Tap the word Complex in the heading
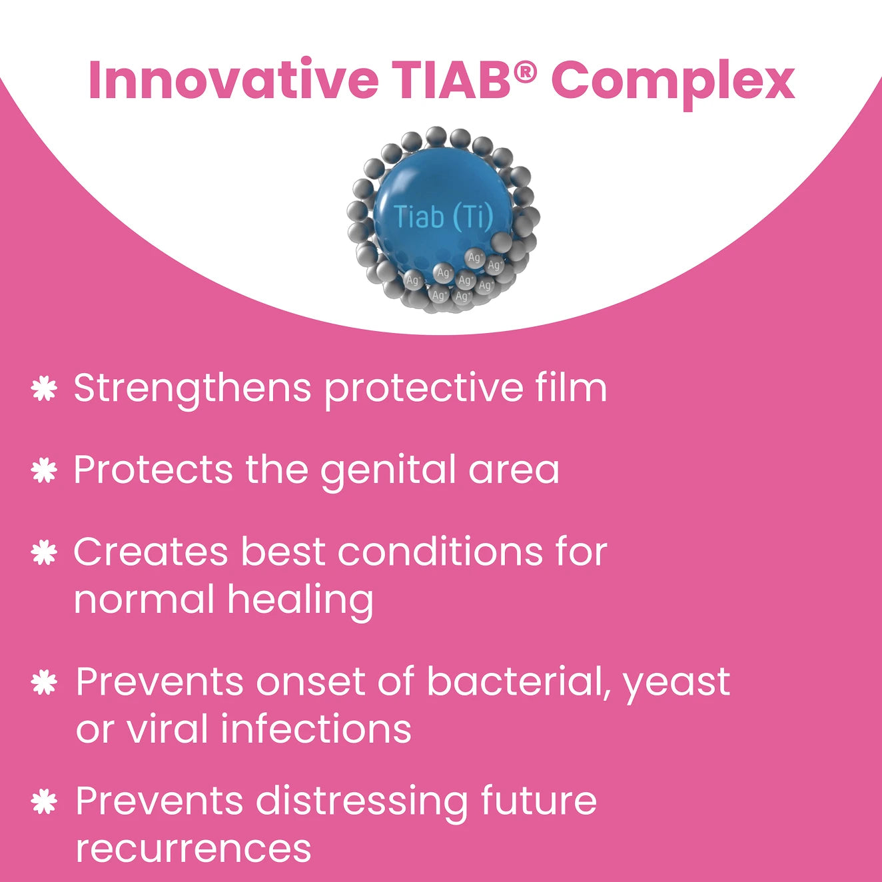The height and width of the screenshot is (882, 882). pyautogui.click(x=673, y=83)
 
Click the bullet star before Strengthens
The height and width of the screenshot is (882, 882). pyautogui.click(x=44, y=388)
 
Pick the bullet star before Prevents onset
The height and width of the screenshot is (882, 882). pyautogui.click(x=44, y=683)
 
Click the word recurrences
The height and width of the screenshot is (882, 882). pyautogui.click(x=193, y=851)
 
